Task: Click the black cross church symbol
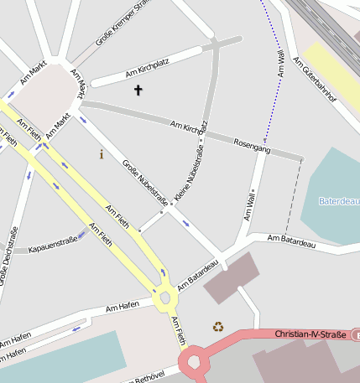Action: click(138, 90)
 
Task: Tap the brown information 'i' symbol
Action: click(102, 154)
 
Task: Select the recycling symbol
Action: click(218, 327)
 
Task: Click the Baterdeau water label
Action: click(338, 201)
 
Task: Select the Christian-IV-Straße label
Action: click(310, 334)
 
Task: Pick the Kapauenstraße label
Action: click(52, 248)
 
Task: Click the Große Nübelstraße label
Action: click(144, 186)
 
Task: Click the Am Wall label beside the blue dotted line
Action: click(280, 65)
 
